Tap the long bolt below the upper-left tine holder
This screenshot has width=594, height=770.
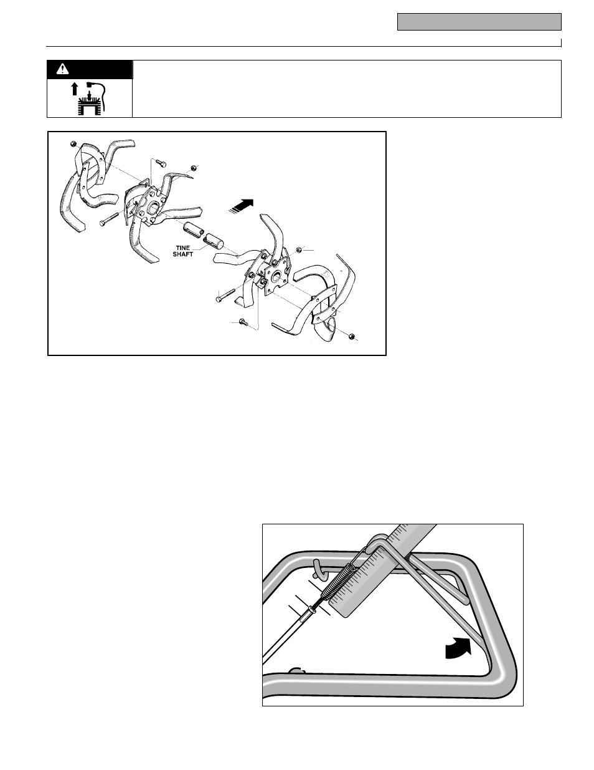click(x=108, y=219)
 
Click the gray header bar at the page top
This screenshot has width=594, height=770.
click(x=479, y=22)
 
